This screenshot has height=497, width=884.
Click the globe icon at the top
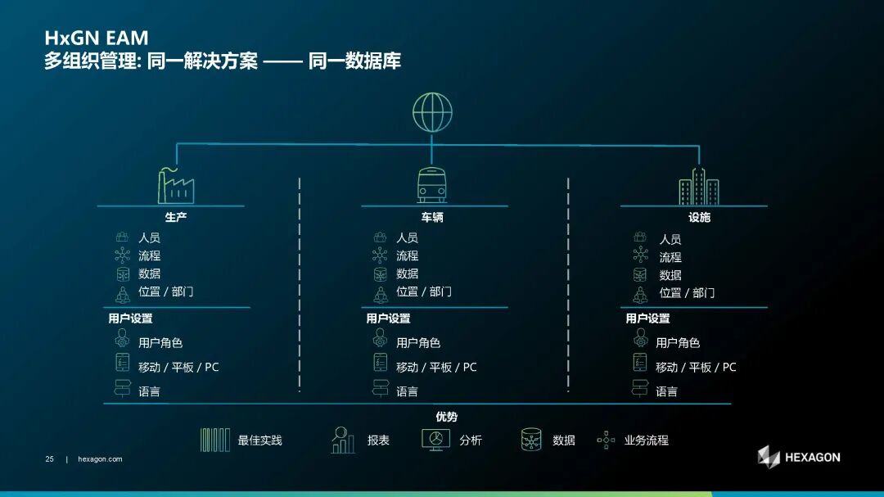point(432,111)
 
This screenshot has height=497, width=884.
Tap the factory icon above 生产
point(175,186)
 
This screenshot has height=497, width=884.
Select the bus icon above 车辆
point(432,186)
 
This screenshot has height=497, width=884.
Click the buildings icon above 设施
point(698,187)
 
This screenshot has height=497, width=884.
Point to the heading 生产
point(176,218)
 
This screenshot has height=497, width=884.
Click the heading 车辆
point(432,218)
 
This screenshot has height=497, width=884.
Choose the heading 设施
point(699,218)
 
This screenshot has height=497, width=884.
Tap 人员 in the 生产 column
point(149,237)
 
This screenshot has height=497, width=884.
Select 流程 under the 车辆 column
point(407,255)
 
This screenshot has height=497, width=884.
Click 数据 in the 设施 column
point(670,275)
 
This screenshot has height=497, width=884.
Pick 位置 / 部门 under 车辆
point(423,291)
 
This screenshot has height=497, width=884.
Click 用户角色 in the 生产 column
point(160,342)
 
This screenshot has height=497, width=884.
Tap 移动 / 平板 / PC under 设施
point(696,368)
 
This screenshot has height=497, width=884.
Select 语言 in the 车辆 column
point(407,392)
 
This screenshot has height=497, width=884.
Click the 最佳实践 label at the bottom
point(259,441)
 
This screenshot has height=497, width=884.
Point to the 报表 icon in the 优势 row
point(343,441)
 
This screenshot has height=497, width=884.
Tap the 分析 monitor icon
point(435,440)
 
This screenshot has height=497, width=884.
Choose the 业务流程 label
point(646,441)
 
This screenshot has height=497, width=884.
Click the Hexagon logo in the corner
point(798,457)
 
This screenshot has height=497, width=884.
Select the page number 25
point(49,459)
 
